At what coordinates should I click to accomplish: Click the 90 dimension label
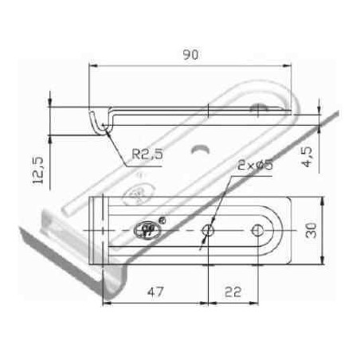coord(190,54)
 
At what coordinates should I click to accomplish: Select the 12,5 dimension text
coord(37,170)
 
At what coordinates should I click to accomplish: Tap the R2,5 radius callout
coord(147,154)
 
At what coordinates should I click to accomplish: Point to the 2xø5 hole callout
coord(255,165)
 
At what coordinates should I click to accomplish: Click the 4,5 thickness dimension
coord(307,157)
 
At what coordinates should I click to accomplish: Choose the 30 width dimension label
coord(311,230)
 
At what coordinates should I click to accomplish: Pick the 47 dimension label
coord(155,292)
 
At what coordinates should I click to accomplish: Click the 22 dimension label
coord(233,292)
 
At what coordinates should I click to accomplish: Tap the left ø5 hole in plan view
coord(208,230)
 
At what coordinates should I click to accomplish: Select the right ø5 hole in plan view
coord(257,230)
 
